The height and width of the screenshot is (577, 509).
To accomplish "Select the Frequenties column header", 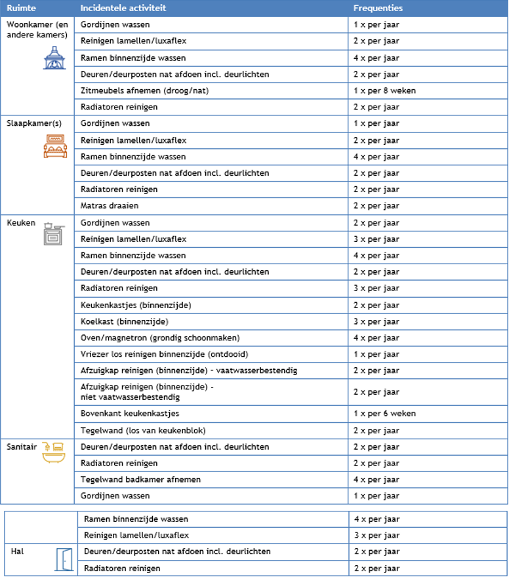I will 378,9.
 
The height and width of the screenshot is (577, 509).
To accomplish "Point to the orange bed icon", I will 54,146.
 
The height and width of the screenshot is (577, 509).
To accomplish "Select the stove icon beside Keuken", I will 53,233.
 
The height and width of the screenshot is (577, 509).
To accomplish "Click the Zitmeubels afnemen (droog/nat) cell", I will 144,90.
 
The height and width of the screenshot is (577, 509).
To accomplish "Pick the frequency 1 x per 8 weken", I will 384,90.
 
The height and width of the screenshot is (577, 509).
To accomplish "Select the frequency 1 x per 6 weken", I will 384,414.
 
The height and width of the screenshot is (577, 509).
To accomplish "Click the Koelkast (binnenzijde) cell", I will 124,321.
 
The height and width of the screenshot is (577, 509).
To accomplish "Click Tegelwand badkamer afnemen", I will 140,479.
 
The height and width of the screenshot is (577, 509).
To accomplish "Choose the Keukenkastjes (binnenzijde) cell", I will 136,305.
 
